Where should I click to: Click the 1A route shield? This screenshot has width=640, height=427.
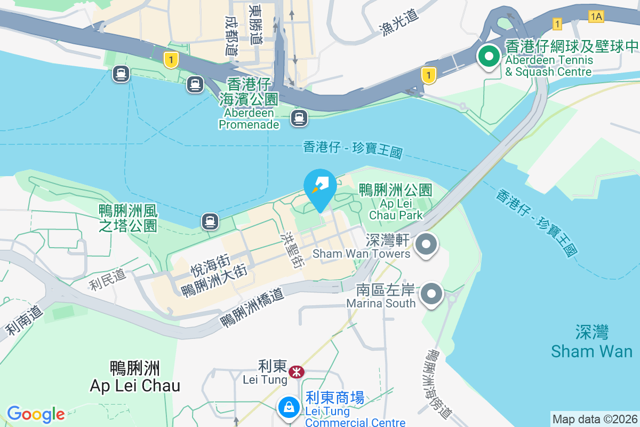point(596,17)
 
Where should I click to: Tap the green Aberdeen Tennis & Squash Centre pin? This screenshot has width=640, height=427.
point(488,57)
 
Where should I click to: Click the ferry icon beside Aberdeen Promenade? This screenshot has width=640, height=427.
point(299,117)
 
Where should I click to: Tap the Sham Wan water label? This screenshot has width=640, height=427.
point(591,342)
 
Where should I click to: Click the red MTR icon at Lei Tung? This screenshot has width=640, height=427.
point(296,370)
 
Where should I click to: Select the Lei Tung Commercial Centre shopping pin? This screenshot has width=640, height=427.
point(289,407)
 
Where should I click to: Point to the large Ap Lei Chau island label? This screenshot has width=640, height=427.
point(135,377)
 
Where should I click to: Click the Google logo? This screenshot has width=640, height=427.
point(36,414)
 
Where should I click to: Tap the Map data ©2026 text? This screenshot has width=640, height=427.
point(595,419)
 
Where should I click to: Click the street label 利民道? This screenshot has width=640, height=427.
point(107,280)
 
